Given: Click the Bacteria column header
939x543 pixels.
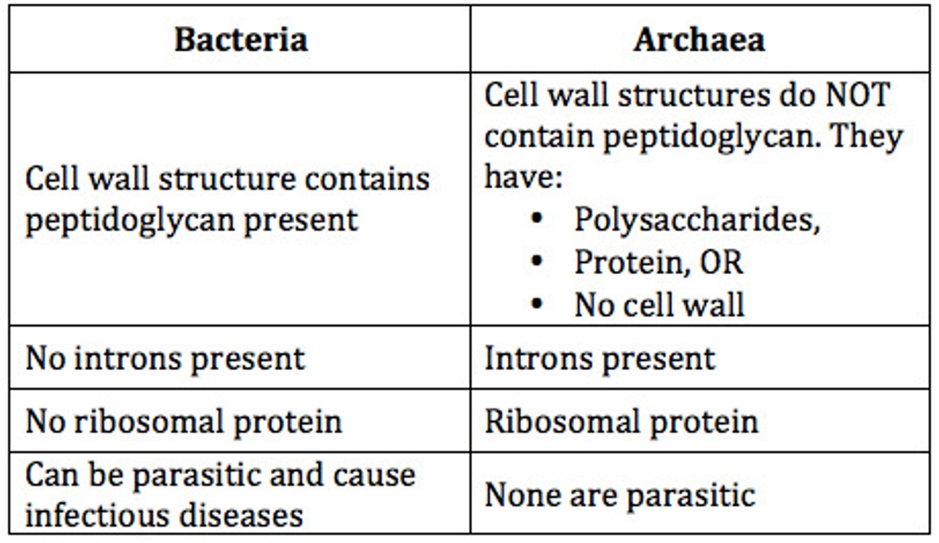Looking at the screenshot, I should pos(241,39).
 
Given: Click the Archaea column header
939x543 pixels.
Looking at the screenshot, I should pos(699,39).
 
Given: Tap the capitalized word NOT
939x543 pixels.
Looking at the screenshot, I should pos(857,95).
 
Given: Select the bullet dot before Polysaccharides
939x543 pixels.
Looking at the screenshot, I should pos(537,219).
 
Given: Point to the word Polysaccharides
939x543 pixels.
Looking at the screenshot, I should pos(696,221).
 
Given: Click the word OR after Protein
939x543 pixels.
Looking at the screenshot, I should pos(721,262).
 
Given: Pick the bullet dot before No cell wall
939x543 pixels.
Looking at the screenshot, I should pos(537,303).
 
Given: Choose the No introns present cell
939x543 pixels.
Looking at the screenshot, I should pos(165,358).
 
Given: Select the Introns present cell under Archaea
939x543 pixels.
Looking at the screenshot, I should pos(599,358).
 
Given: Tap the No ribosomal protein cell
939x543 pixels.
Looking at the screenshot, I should pos(183,421).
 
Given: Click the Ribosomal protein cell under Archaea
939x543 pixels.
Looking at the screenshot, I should pos(621,421).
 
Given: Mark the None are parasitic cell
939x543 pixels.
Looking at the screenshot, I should pos(619,494).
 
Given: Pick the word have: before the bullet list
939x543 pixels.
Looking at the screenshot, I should pos(523,178).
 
